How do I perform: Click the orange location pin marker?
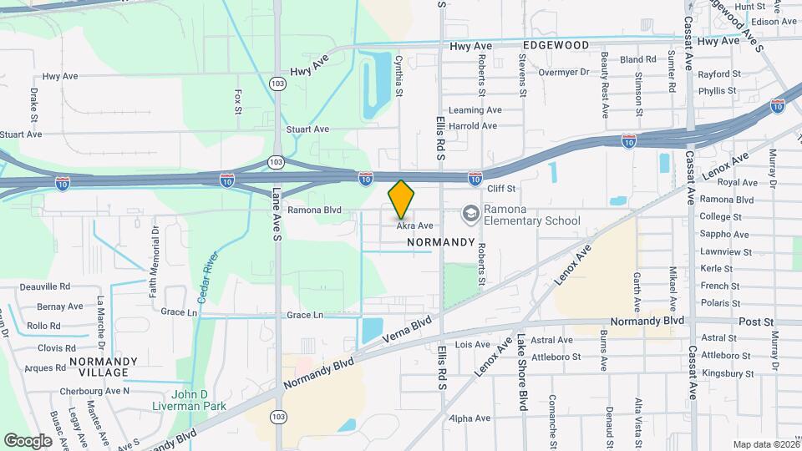click(x=401, y=199)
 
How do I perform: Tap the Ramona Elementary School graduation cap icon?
click(x=471, y=213)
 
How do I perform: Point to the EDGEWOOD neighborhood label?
click(x=556, y=44)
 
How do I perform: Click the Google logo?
click(x=28, y=440)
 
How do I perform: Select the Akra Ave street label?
click(x=414, y=225)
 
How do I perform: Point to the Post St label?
click(x=757, y=322)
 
